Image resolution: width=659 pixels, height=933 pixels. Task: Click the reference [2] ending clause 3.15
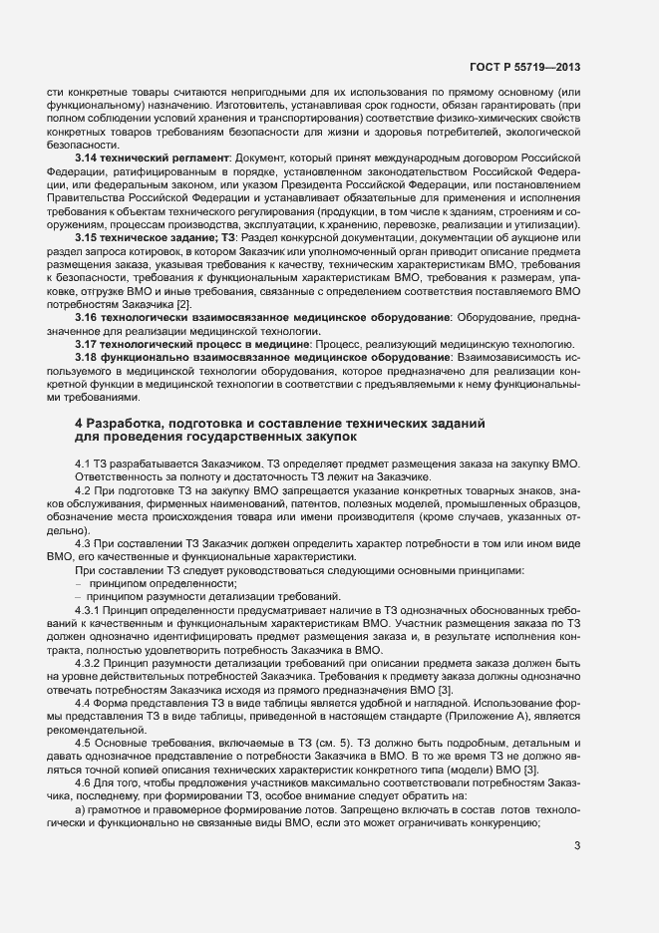tap(182, 301)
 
